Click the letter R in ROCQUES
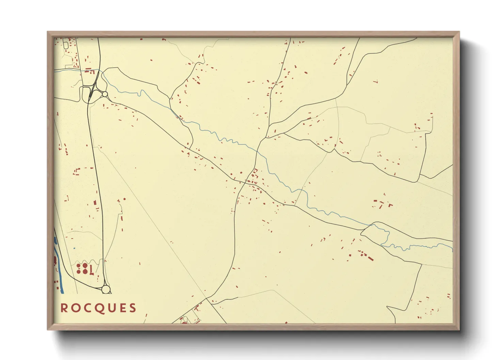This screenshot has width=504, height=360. (63, 308)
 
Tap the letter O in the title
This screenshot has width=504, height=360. (75, 308)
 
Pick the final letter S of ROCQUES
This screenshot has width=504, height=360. (132, 308)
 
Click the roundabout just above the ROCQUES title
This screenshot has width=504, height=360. (106, 289)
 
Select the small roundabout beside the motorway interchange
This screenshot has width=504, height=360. (105, 94)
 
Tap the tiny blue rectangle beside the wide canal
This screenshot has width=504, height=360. (74, 248)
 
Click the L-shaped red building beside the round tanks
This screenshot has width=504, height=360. (91, 270)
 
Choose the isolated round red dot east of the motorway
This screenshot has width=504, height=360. (125, 199)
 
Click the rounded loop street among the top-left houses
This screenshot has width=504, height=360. (66, 45)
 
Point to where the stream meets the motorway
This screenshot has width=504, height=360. (99, 70)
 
